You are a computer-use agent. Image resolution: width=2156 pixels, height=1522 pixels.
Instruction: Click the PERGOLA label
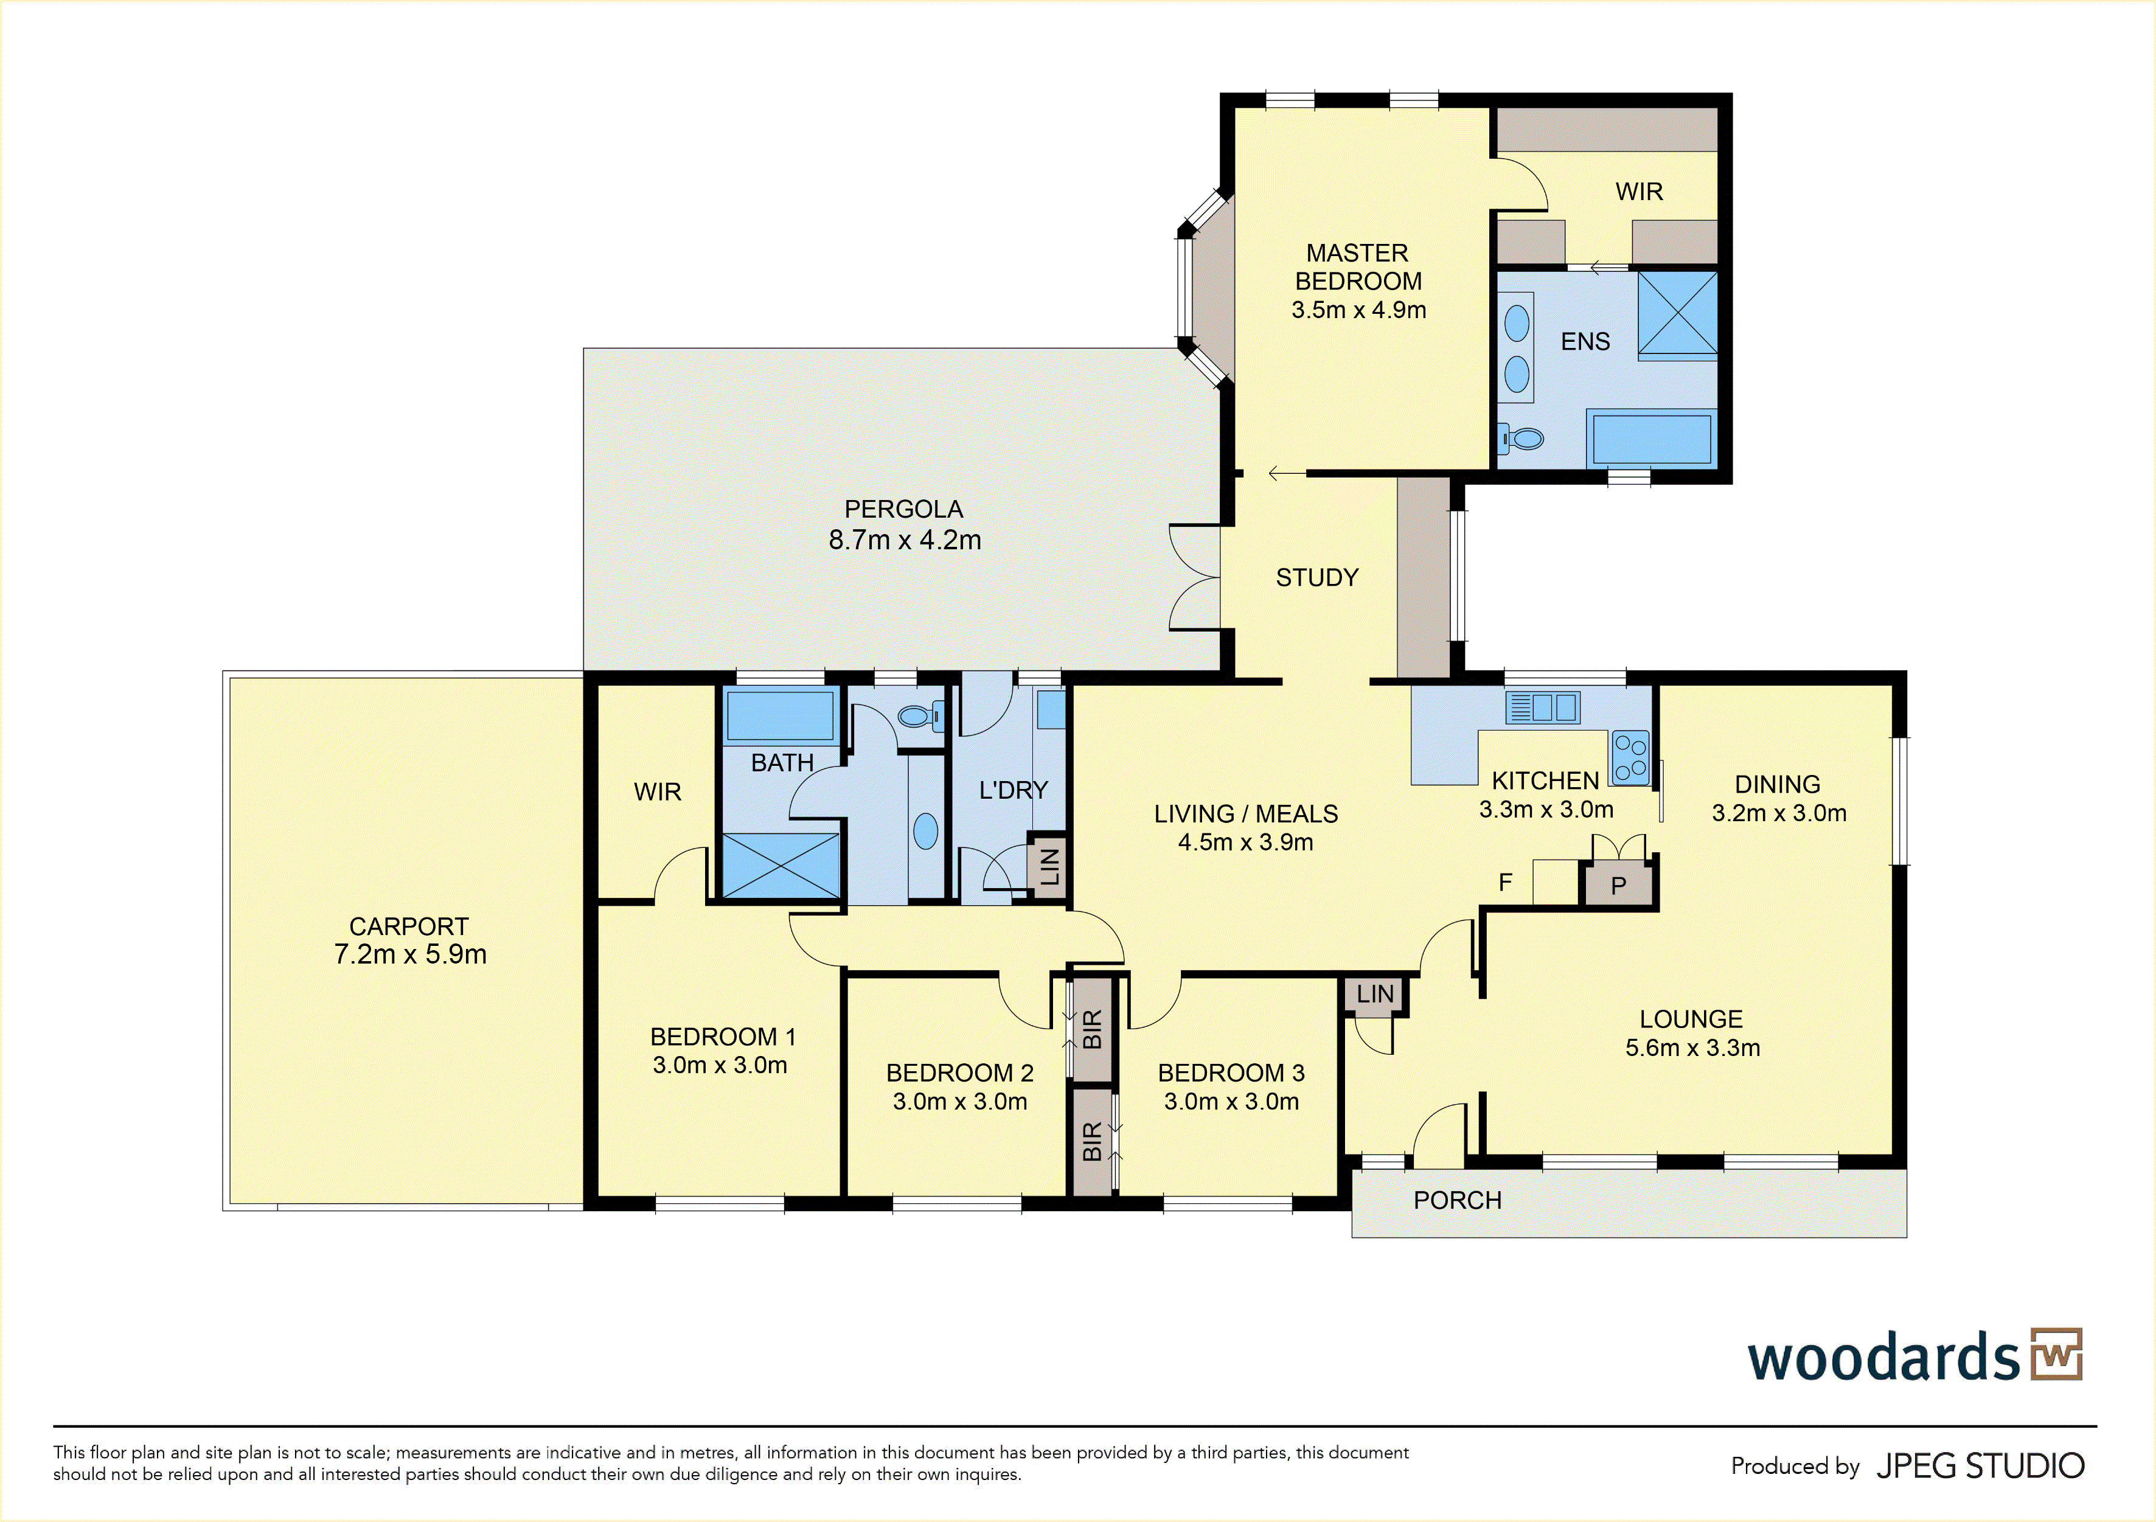tap(903, 509)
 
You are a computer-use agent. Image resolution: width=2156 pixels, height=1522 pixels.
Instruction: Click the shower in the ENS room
tap(1677, 314)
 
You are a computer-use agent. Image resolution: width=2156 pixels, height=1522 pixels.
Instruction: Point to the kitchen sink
tap(1543, 707)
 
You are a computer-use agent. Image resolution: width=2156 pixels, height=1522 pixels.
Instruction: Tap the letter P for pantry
tap(1618, 886)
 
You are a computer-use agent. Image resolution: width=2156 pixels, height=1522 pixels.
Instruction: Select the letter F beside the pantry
tap(1505, 883)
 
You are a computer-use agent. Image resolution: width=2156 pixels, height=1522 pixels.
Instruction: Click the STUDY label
tap(1316, 577)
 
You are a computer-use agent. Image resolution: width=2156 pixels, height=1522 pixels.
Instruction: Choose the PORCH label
tap(1458, 1201)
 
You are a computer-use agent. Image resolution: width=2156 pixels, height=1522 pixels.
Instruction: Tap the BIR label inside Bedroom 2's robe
tap(1092, 1030)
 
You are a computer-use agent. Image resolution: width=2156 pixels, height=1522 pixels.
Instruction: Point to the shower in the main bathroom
tap(781, 866)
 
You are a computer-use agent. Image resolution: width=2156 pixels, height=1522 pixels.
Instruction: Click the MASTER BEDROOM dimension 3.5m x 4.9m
tap(1359, 310)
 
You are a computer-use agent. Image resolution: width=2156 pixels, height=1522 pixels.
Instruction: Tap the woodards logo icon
tap(2056, 1354)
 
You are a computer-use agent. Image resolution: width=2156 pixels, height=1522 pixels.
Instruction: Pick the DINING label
tap(1778, 784)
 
